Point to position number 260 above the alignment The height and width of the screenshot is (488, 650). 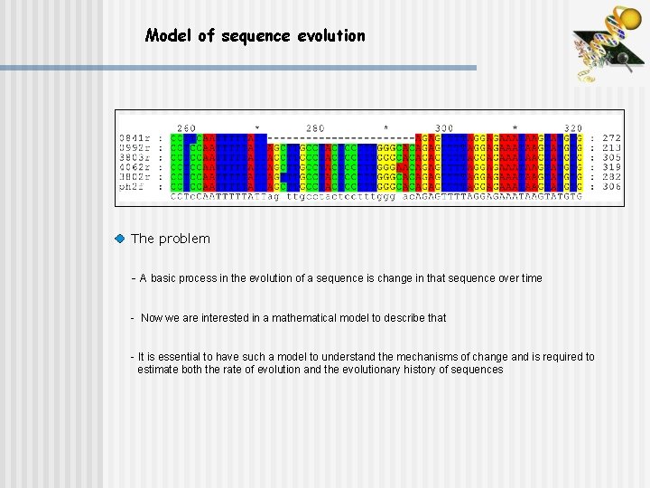click(x=186, y=128)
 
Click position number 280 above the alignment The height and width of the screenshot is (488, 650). click(x=315, y=128)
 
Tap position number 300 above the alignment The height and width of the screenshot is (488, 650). click(x=444, y=128)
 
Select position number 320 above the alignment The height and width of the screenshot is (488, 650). click(x=572, y=128)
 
